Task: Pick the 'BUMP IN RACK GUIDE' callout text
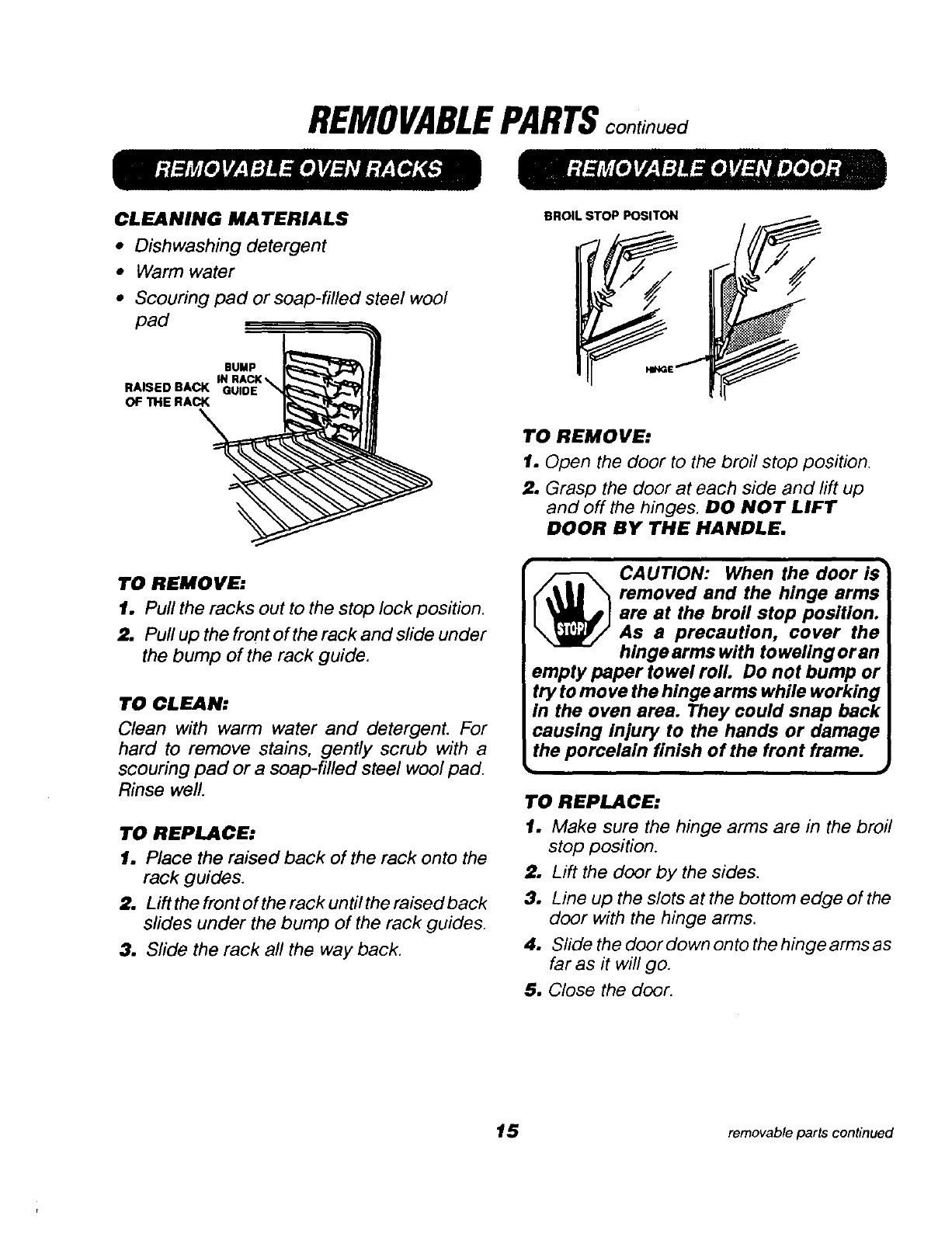pos(239,378)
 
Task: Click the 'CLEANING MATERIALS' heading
pos(231,218)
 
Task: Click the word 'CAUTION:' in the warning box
pos(662,573)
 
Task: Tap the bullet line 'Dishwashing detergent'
pos(230,245)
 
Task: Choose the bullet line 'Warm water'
pos(184,272)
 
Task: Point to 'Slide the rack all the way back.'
pos(273,949)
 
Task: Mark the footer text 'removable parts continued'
pos(811,1132)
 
